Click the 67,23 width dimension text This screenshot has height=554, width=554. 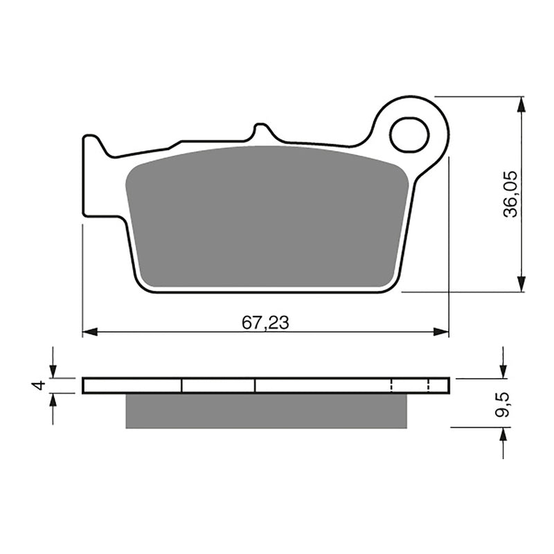(x=265, y=322)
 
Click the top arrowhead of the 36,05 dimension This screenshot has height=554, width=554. (x=521, y=105)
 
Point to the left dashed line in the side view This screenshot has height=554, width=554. (x=392, y=385)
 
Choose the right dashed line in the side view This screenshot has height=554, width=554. (x=429, y=385)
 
